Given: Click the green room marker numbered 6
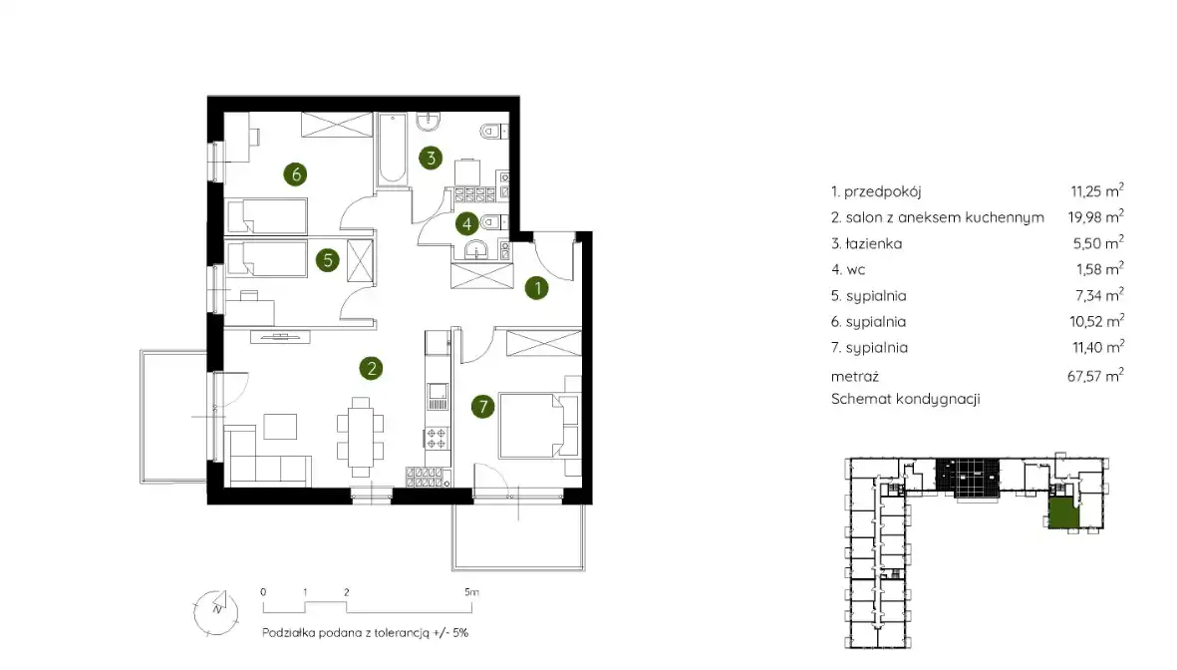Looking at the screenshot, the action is point(296,174).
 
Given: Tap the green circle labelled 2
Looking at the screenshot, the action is point(371,368).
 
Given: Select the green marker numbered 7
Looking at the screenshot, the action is point(482,407).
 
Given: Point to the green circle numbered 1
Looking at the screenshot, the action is point(537,288).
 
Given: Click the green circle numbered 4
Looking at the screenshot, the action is point(466,223).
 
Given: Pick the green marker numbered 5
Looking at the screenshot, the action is point(327,260).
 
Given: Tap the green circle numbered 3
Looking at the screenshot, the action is point(431,158).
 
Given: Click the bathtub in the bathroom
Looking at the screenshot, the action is point(392,149).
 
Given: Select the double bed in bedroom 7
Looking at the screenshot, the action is point(531,424).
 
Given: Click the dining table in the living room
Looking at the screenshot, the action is point(361,437).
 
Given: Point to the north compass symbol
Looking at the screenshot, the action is point(216,611).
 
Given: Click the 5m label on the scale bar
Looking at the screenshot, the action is point(471,592).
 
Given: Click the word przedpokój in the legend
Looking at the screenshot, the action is point(883,191).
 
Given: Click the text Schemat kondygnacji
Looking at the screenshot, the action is point(905,399).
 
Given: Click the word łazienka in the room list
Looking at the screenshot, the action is point(874,243).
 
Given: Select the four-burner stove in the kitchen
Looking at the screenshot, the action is point(437,438).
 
